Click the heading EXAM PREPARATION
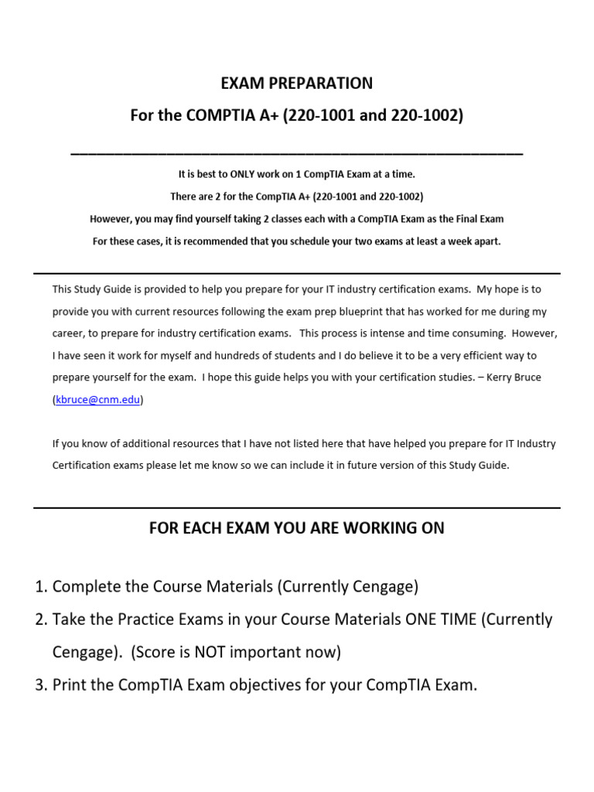click(298, 83)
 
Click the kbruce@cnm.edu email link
click(98, 400)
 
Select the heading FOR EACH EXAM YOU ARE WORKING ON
click(297, 528)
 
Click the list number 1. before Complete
click(42, 587)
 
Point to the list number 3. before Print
click(42, 684)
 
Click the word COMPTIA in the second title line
click(220, 116)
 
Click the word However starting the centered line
click(113, 219)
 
